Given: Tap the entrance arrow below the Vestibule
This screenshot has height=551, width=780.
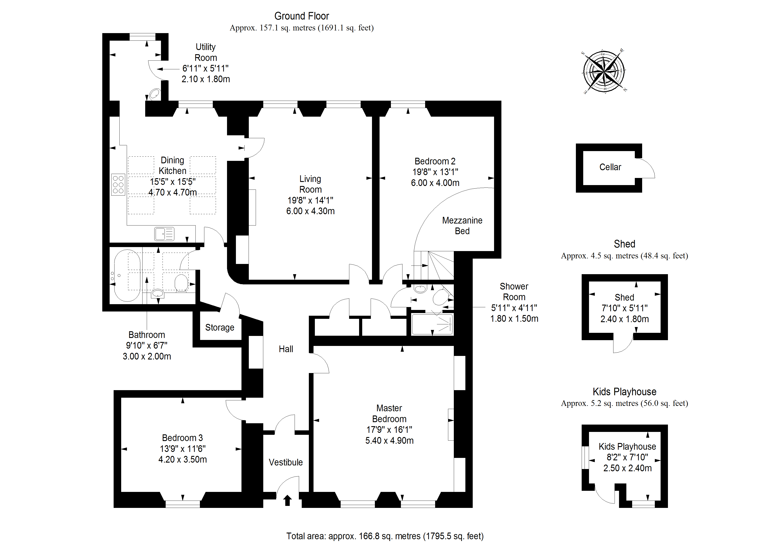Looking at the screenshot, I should (287, 500).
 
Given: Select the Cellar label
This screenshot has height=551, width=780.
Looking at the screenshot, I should (610, 167).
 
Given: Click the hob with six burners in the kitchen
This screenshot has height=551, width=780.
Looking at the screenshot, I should (118, 185).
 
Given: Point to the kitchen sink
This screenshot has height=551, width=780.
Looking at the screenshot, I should (164, 234).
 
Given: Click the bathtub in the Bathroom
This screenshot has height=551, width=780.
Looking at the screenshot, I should (127, 276).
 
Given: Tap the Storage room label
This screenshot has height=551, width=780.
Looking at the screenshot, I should (219, 328).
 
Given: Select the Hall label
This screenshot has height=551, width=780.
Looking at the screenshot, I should (286, 349).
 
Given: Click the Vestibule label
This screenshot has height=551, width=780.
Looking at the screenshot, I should (286, 462).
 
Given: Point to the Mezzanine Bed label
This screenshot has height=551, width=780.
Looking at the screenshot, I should (462, 226).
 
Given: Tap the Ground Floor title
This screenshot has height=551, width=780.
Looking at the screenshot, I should (302, 16).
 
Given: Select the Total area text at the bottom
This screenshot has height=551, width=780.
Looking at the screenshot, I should (385, 536).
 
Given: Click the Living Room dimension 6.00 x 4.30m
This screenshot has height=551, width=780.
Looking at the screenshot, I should (310, 211).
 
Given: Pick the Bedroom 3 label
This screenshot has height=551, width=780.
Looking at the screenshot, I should (182, 438).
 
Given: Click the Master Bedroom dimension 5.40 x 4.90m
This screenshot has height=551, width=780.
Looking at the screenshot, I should (389, 441).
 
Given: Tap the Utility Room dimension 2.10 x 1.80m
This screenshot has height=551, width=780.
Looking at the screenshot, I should (205, 79).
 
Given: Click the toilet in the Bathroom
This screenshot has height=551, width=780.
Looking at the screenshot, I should (181, 283).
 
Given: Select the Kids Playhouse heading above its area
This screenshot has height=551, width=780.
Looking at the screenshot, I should (624, 392).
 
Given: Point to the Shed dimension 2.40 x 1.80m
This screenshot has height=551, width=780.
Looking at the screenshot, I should (624, 319).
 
